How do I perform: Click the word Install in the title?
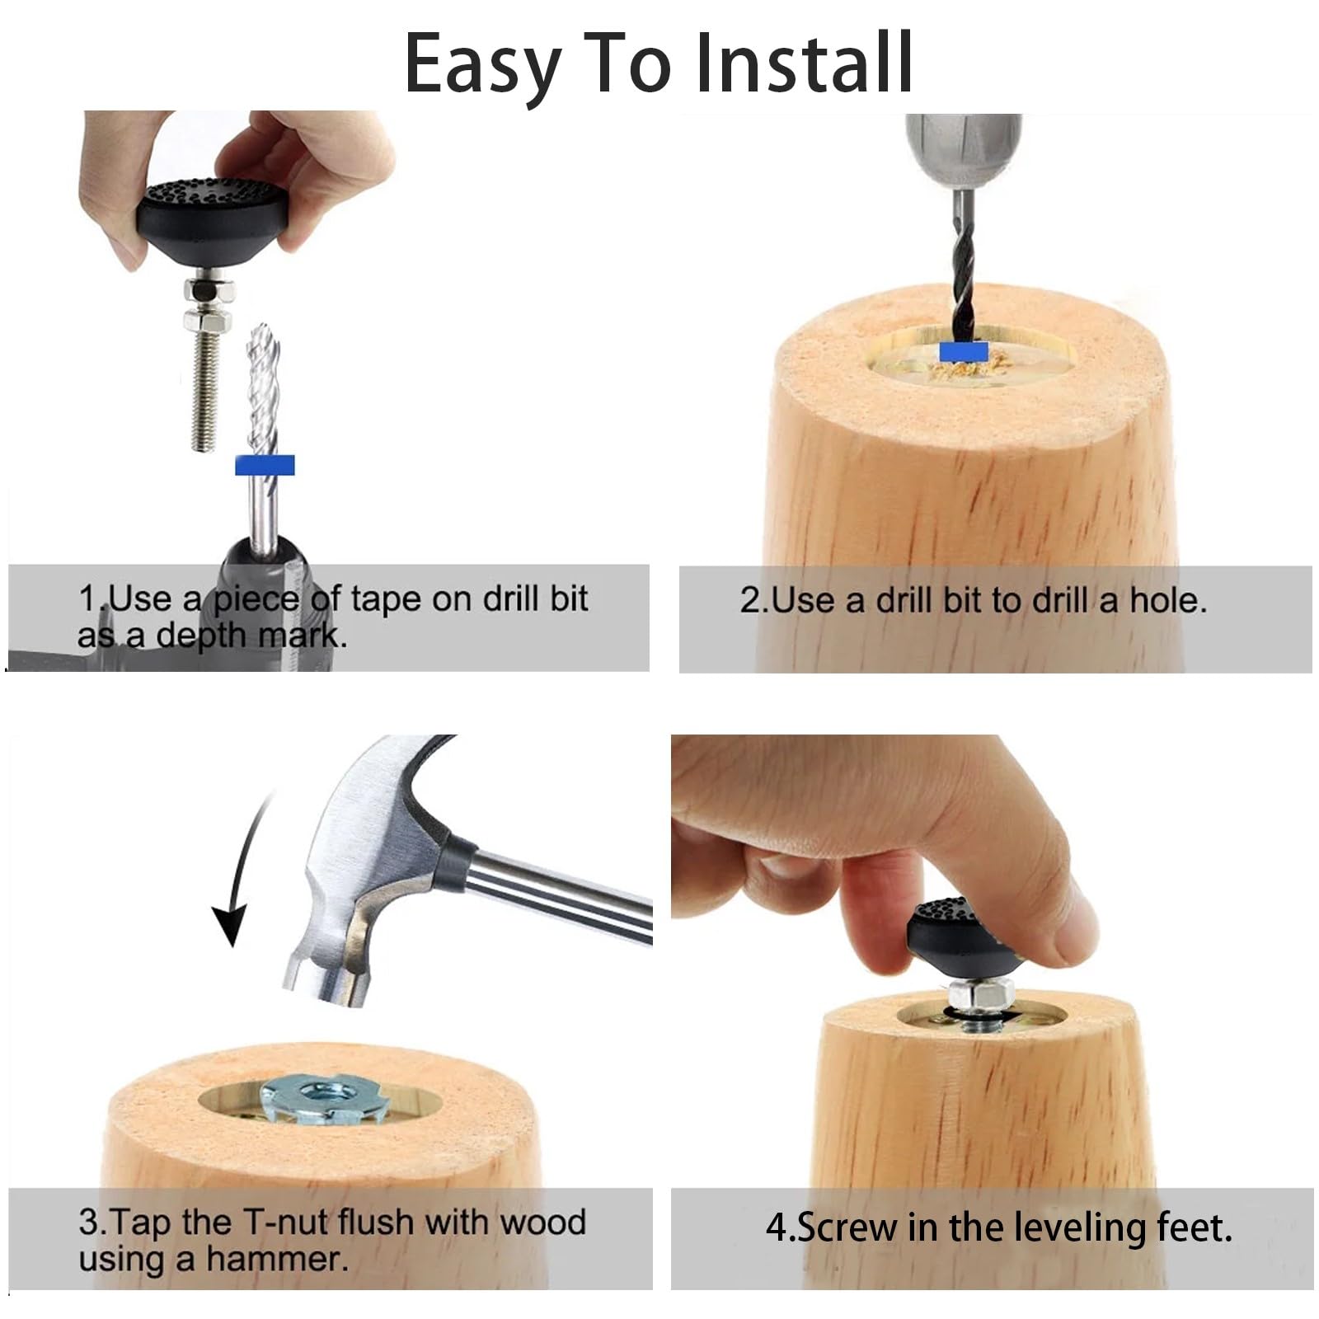805,63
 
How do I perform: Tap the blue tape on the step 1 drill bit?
265,464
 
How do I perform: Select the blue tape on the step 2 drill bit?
964,352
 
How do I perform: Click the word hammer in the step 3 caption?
276,1259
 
